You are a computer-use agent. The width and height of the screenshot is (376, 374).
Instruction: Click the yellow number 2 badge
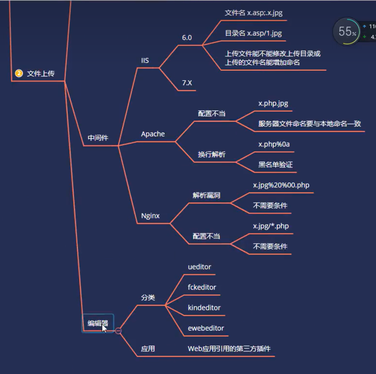tap(19, 73)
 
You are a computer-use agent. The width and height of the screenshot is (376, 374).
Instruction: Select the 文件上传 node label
tap(41, 74)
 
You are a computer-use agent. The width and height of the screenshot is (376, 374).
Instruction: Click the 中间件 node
tap(98, 138)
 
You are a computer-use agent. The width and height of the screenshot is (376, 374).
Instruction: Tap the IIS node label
tap(145, 61)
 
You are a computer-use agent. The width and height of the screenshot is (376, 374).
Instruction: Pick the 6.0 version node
tap(187, 38)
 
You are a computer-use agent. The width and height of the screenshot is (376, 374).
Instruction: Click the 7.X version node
tap(187, 83)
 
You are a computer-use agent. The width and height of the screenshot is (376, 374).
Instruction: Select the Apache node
tap(153, 134)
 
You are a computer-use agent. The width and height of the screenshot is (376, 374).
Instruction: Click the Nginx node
tap(150, 216)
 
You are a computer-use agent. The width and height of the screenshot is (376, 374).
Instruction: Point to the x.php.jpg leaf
tap(273, 103)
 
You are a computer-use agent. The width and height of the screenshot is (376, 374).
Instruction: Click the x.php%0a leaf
tap(274, 144)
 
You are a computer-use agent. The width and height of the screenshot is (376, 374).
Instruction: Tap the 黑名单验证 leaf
tap(276, 165)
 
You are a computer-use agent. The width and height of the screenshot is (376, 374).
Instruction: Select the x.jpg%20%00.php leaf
tap(281, 185)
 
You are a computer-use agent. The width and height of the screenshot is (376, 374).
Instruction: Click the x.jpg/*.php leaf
tap(271, 226)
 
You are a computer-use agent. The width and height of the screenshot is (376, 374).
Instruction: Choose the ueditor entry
tap(199, 267)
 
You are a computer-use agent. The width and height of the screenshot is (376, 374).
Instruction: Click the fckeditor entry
tap(202, 287)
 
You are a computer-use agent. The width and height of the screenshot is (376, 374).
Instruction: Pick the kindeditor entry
tap(204, 308)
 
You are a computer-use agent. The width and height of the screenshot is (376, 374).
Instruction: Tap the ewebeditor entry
tap(206, 328)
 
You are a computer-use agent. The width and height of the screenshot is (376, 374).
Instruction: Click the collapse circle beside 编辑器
tap(118, 331)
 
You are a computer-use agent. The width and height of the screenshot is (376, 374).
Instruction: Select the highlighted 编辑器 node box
tap(97, 323)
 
